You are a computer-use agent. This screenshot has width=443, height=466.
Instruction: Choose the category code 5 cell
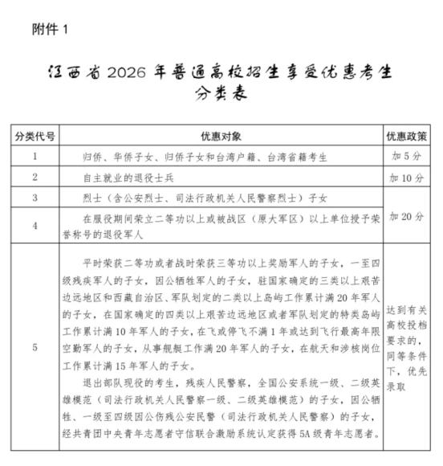coord(35,348)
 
